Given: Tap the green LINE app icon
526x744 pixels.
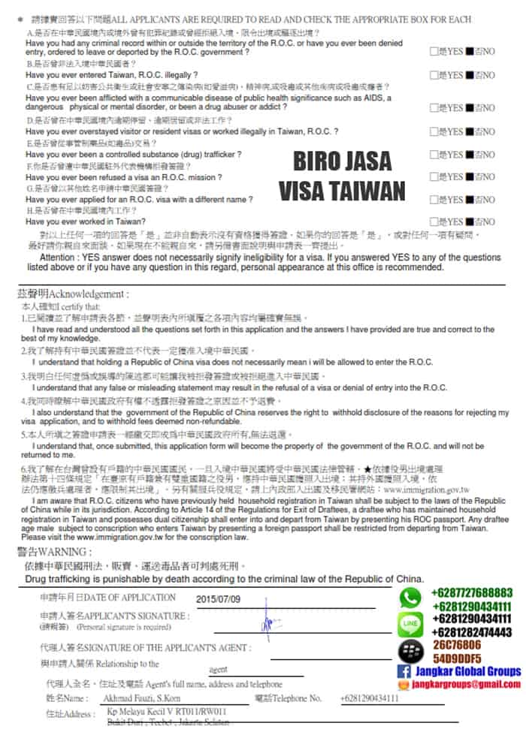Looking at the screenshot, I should pyautogui.click(x=411, y=624).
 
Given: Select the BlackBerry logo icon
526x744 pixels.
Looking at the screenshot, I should pyautogui.click(x=410, y=650).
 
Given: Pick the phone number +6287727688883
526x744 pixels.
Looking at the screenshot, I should pyautogui.click(x=472, y=593).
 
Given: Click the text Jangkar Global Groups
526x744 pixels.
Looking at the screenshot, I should pyautogui.click(x=467, y=671).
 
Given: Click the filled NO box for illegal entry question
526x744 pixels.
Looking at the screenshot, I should pyautogui.click(x=470, y=75).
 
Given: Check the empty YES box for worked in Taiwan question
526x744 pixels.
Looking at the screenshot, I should pyautogui.click(x=432, y=221).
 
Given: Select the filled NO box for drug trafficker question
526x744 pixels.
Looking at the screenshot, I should pyautogui.click(x=470, y=155).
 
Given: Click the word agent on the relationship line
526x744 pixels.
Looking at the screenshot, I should pyautogui.click(x=217, y=669).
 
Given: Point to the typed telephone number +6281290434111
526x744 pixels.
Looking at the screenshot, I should pyautogui.click(x=369, y=697).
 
